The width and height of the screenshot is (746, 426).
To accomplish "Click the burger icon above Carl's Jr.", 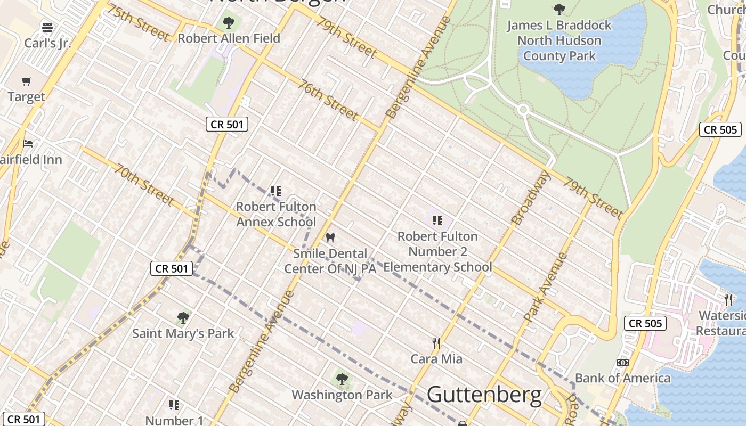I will tap(47, 27).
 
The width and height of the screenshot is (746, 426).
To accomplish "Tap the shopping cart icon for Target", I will tap(26, 81).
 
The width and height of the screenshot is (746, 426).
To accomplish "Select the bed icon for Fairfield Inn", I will tap(27, 143).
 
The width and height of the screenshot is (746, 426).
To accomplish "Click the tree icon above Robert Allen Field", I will tap(229, 22).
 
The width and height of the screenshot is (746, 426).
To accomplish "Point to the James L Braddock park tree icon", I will tap(559, 9).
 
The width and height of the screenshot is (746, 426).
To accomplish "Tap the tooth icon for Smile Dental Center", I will tap(330, 237).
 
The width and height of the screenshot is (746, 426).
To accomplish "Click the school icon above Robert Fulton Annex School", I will tap(275, 191).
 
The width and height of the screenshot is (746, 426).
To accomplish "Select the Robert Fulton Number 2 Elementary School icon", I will tap(437, 220).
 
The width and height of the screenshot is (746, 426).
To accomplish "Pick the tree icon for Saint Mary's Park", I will tap(183, 318).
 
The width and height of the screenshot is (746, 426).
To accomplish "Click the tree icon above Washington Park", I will tap(342, 379).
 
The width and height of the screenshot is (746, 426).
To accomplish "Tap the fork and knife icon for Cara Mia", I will tap(436, 343).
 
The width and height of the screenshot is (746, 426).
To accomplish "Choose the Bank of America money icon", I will tap(622, 363).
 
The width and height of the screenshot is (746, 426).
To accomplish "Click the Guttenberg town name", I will tap(484, 395).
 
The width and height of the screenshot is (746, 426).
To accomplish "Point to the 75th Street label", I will tap(138, 23).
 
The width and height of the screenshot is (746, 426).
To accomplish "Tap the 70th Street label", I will tap(144, 185).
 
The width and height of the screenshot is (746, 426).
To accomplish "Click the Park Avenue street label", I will tap(545, 288).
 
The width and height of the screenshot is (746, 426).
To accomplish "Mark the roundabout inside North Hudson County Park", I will tap(523, 110).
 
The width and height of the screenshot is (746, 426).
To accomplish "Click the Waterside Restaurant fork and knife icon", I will tap(728, 299).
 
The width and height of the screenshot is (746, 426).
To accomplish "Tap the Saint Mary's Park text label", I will tap(183, 334).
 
